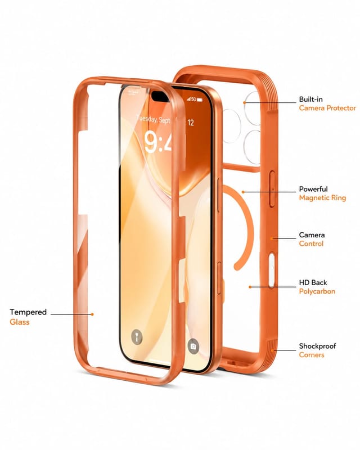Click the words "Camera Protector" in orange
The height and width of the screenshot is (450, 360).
327,108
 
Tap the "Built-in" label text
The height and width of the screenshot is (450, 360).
310,100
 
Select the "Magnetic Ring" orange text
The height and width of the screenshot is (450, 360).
322,198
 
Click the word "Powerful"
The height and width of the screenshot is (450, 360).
313,189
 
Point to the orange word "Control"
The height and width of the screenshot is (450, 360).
311,244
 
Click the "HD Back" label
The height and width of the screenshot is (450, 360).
313,283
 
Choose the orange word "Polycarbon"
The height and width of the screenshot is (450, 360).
317,291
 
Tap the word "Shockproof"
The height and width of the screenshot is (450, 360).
317,346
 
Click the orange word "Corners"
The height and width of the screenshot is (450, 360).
312,355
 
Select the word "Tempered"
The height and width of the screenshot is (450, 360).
28,312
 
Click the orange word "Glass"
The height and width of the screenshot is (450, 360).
20,322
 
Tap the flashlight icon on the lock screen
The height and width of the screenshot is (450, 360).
137,336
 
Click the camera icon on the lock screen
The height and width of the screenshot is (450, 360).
193,346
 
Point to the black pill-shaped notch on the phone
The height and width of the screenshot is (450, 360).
160,96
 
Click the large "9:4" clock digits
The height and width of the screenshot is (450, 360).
158,142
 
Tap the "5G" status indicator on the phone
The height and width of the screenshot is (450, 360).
193,100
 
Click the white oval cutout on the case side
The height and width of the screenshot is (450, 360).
271,270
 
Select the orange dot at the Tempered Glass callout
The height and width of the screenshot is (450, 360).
92,314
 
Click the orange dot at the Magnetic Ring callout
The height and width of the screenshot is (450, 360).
243,192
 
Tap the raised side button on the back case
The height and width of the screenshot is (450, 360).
272,189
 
